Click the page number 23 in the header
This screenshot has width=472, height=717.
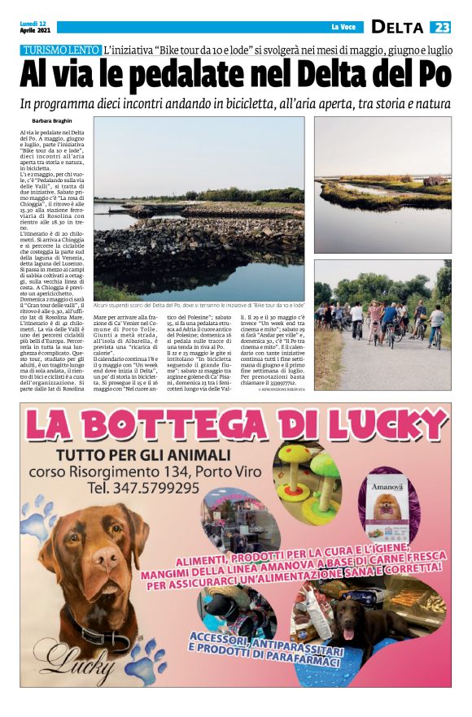440,27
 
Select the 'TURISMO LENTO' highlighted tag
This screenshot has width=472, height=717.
61,50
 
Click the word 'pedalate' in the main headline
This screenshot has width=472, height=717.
175,76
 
